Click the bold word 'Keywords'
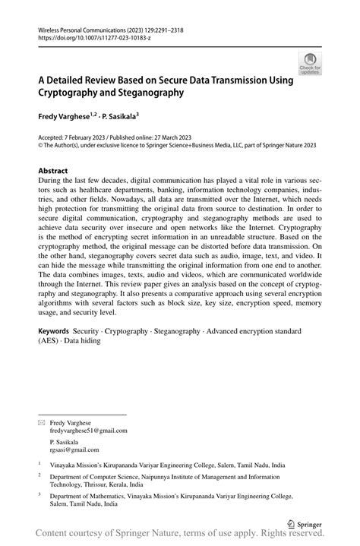pyautogui.click(x=54, y=332)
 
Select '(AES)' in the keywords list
pyautogui.click(x=49, y=341)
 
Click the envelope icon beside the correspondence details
pyautogui.click(x=42, y=421)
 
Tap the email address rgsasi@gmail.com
pyautogui.click(x=74, y=450)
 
